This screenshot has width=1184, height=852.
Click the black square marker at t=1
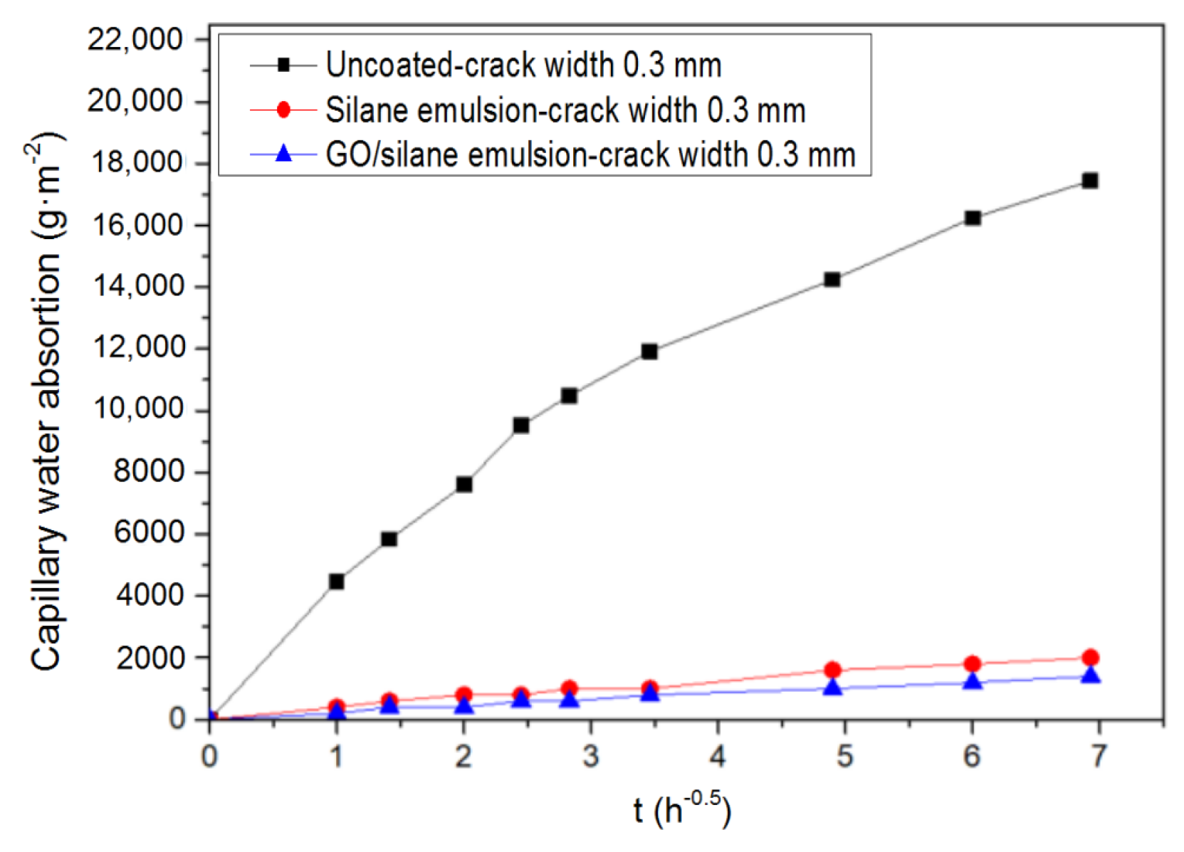(x=337, y=582)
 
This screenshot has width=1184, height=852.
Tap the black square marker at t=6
(x=973, y=218)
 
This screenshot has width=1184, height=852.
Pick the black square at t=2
(x=463, y=484)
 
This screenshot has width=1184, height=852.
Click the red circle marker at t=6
(x=973, y=664)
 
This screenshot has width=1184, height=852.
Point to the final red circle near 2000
(x=1090, y=657)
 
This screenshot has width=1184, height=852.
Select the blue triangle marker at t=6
(x=973, y=682)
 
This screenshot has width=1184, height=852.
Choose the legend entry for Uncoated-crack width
(x=523, y=65)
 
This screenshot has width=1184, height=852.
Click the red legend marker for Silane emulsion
(x=283, y=110)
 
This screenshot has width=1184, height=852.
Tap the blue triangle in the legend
(x=283, y=154)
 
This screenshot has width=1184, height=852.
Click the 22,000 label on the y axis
(x=135, y=39)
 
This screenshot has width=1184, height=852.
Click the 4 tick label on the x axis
(x=718, y=756)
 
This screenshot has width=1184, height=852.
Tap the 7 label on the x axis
(x=1099, y=756)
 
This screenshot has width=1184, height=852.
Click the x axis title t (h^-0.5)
(x=682, y=810)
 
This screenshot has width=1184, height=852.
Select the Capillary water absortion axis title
(x=47, y=402)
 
